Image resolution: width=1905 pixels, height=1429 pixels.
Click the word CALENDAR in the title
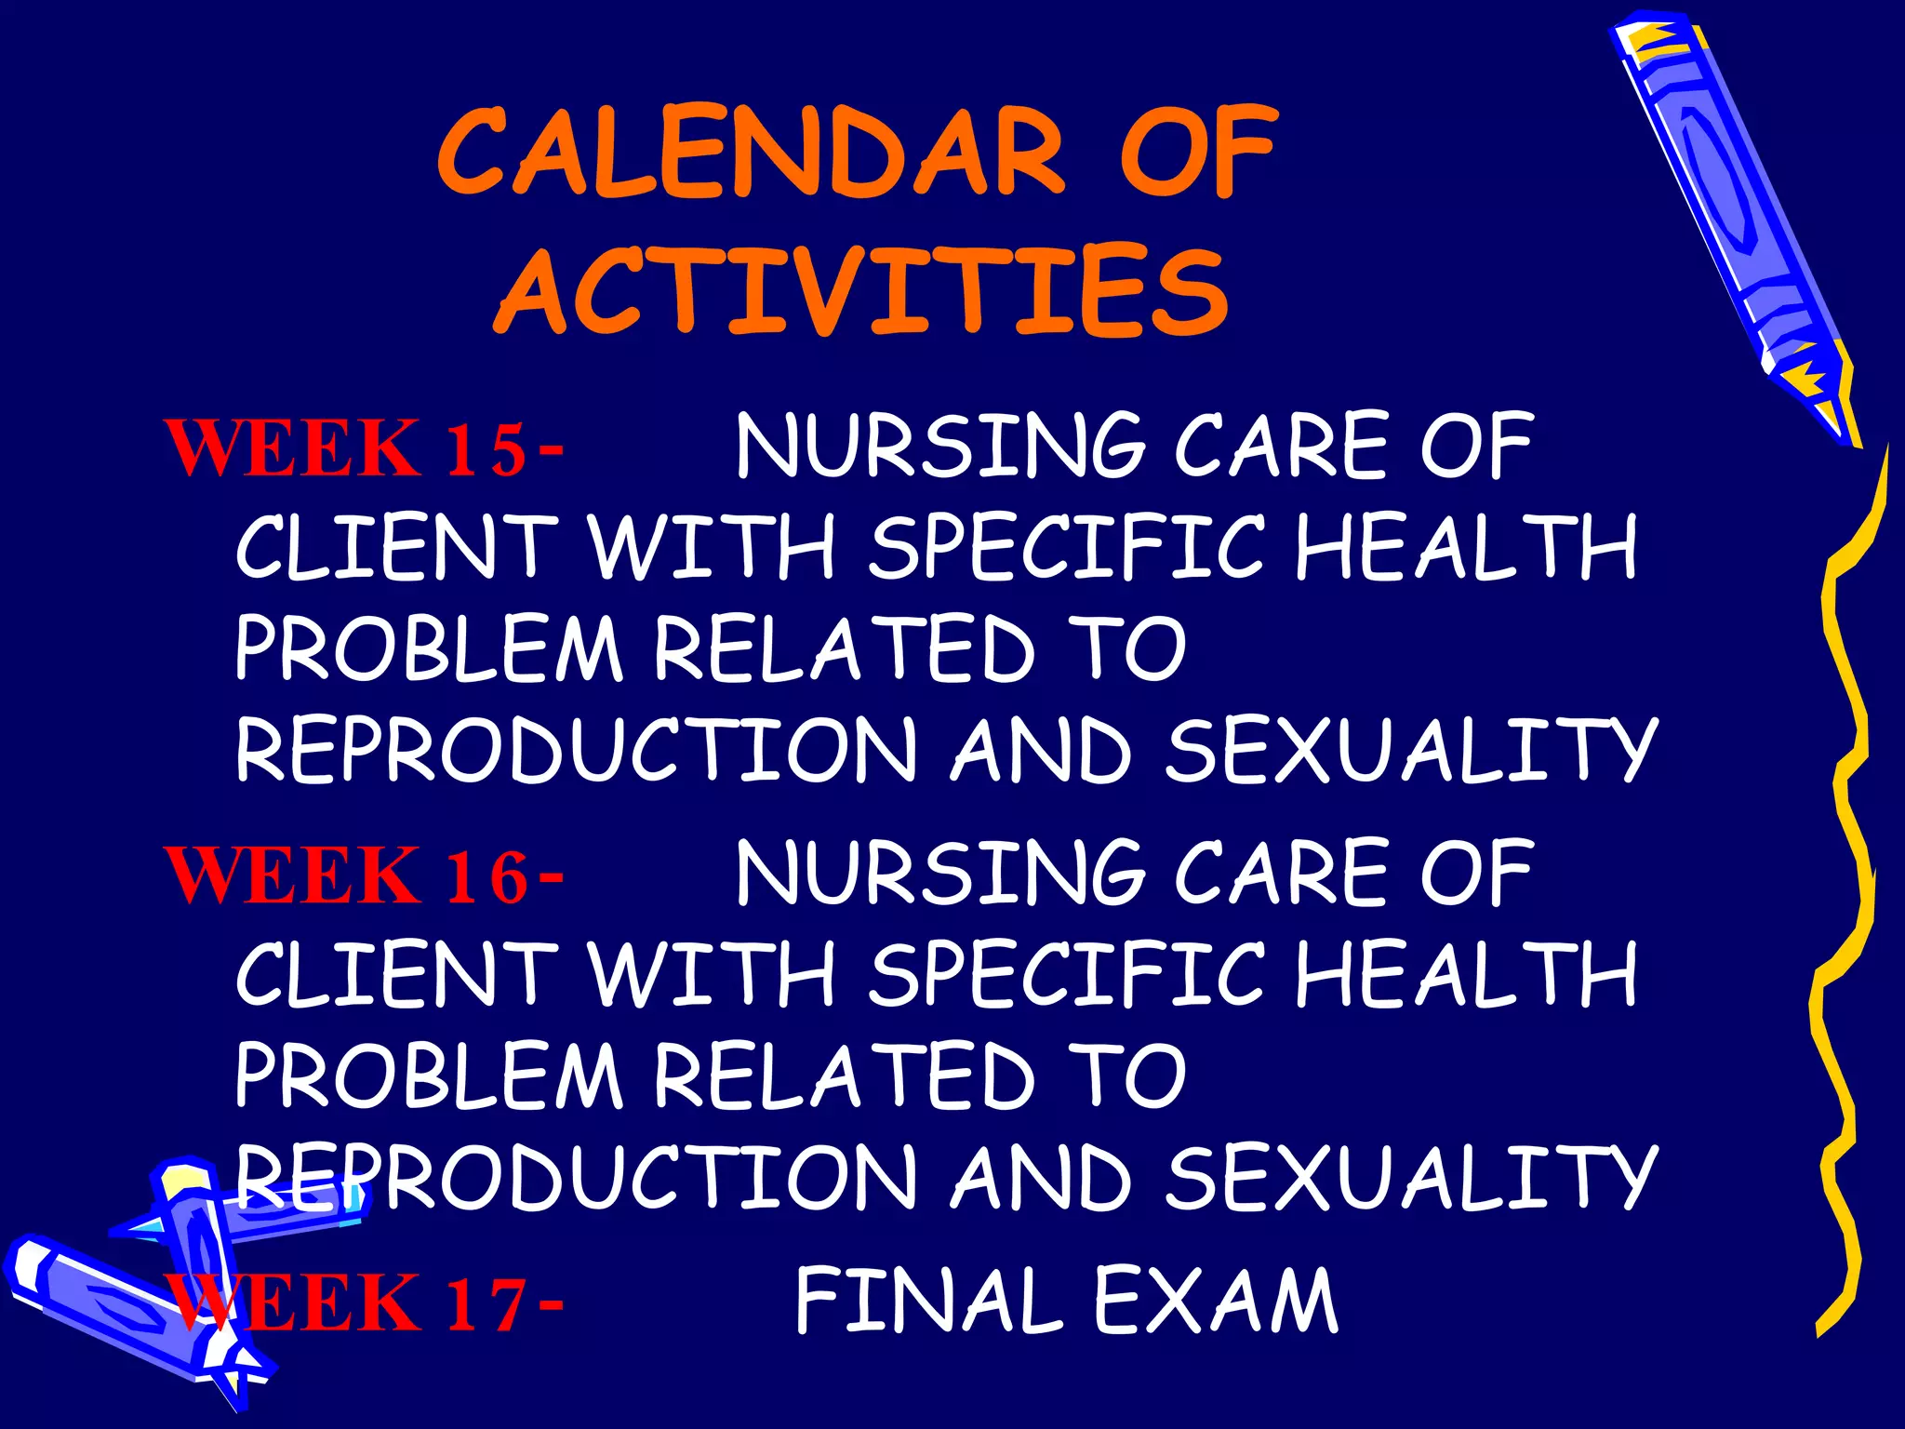coord(752,154)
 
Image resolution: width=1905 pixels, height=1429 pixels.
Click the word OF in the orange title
coord(1198,154)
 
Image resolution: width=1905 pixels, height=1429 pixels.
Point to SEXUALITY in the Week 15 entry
coord(1411,750)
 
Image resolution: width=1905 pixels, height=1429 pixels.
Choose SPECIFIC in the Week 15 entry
coord(1066,548)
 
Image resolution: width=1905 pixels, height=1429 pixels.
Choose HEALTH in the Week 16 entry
coord(1466,974)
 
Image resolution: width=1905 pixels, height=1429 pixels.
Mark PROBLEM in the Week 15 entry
coord(428,648)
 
